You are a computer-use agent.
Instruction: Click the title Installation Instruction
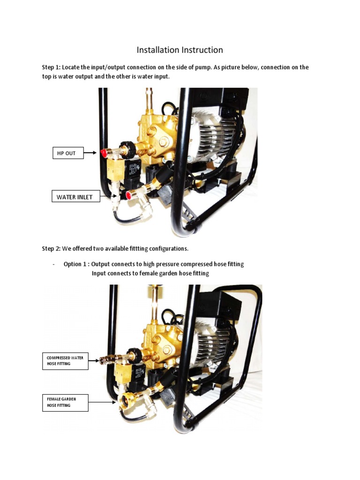(180, 50)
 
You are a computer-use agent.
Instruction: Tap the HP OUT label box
(67, 153)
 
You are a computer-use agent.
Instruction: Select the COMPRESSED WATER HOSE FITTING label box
(65, 360)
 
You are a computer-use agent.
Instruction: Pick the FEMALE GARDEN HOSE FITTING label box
(65, 402)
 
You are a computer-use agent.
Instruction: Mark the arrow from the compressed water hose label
(93, 360)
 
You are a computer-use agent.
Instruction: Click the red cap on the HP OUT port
(102, 153)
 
